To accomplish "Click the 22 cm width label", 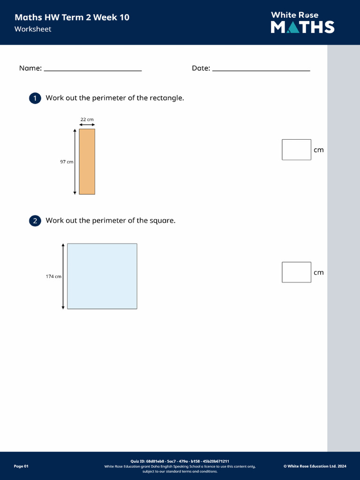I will pyautogui.click(x=87, y=120).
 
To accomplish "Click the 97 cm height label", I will pyautogui.click(x=67, y=162).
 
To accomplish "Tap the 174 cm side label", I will pyautogui.click(x=53, y=277).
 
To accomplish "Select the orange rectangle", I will pyautogui.click(x=87, y=162).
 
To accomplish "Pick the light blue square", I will pyautogui.click(x=102, y=276).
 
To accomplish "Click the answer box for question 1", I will pyautogui.click(x=296, y=150).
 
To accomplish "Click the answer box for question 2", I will pyautogui.click(x=296, y=272).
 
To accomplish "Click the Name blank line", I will pyautogui.click(x=92, y=70).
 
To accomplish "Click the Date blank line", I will pyautogui.click(x=261, y=70).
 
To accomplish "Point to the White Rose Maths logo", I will pyautogui.click(x=302, y=22).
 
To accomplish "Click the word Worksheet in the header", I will pyautogui.click(x=33, y=29).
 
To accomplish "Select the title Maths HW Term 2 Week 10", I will pyautogui.click(x=72, y=17).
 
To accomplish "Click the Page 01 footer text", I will pyautogui.click(x=21, y=466).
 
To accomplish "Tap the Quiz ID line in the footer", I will pyautogui.click(x=180, y=461).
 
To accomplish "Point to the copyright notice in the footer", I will pyautogui.click(x=315, y=466).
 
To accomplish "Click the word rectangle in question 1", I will pyautogui.click(x=166, y=98).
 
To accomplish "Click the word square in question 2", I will pyautogui.click(x=162, y=220).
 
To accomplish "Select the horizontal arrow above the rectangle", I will pyautogui.click(x=87, y=125).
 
